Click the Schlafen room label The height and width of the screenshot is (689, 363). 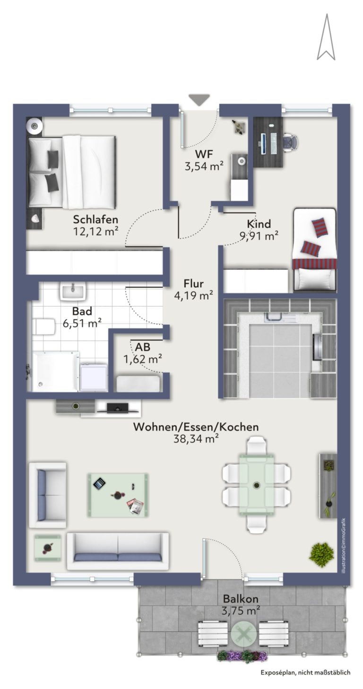[x=94, y=215]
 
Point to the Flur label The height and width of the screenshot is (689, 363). [x=190, y=277]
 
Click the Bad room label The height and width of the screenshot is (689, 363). [x=80, y=305]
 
